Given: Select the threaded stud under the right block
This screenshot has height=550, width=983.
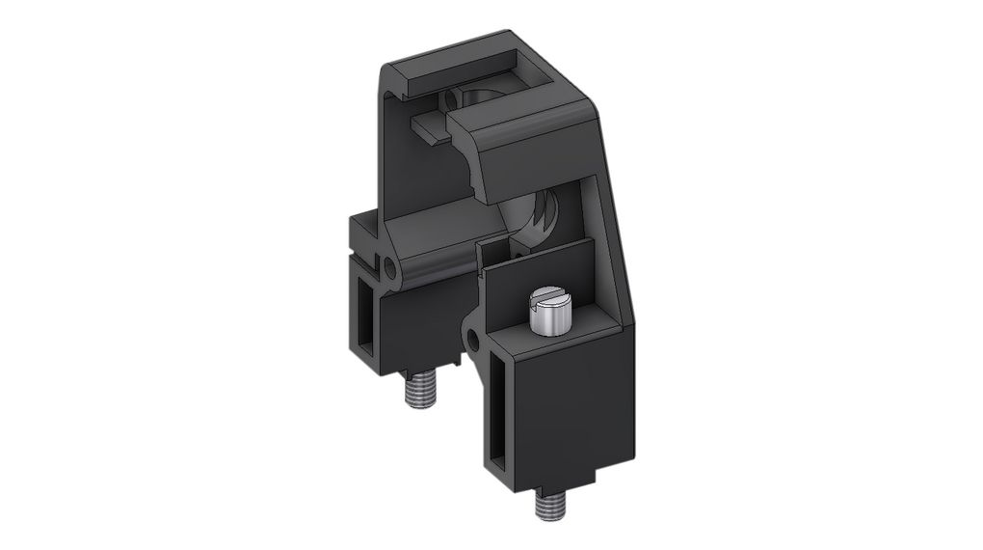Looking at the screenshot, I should coord(548,504).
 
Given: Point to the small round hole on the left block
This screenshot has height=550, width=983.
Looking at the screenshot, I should coord(389,264).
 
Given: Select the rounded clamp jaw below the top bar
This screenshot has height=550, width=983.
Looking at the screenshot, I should coord(525,145).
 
